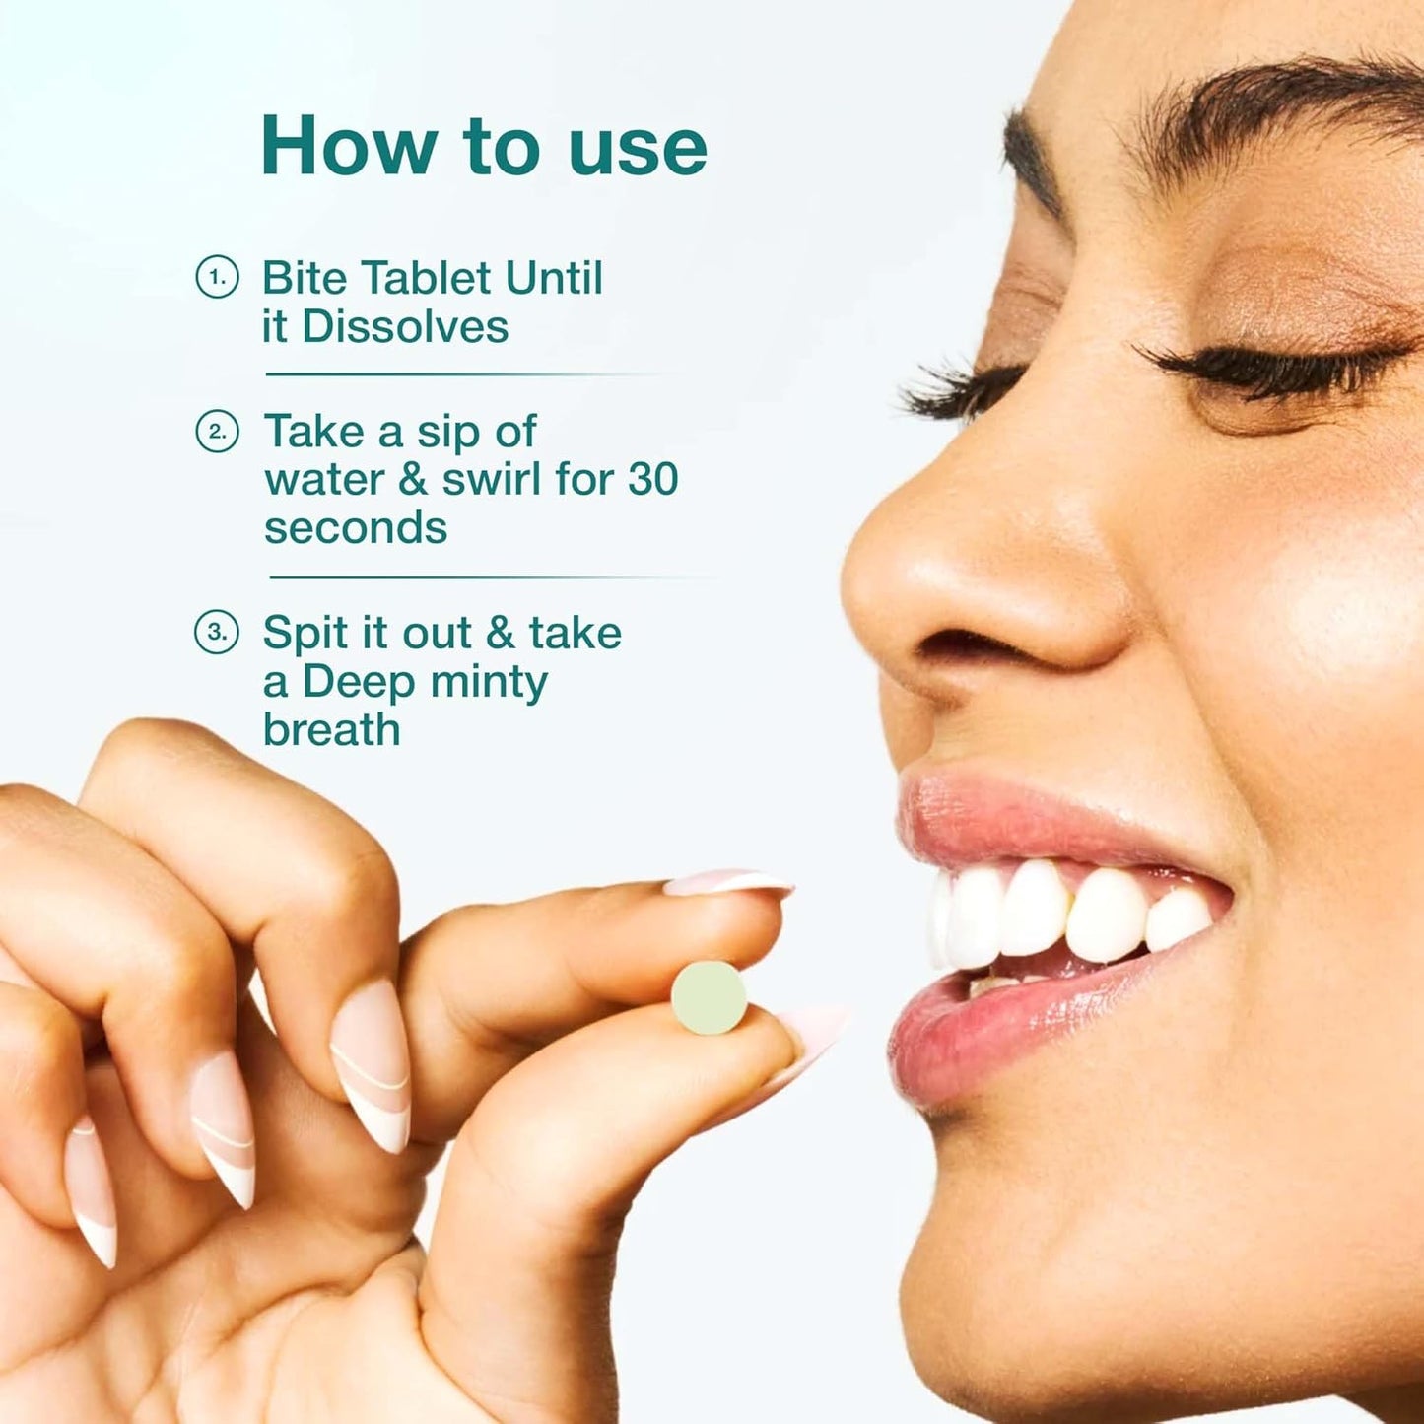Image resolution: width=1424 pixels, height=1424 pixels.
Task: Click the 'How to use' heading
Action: pyautogui.click(x=483, y=146)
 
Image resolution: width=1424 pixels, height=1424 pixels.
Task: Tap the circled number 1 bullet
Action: pyautogui.click(x=217, y=277)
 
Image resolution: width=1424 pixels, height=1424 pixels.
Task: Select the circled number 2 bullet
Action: pyautogui.click(x=217, y=432)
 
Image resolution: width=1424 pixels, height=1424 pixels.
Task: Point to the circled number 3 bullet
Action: pyautogui.click(x=217, y=632)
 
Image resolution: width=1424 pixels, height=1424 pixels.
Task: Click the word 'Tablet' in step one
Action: pyautogui.click(x=429, y=278)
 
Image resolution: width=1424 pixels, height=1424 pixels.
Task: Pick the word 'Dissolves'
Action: pyautogui.click(x=405, y=327)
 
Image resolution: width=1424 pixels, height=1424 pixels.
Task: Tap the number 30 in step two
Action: pyautogui.click(x=652, y=480)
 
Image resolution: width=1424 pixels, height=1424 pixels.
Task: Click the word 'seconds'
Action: pyautogui.click(x=356, y=528)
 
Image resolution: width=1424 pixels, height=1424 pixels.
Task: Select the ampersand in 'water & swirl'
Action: pyautogui.click(x=413, y=480)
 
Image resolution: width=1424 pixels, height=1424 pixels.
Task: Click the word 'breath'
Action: pyautogui.click(x=332, y=730)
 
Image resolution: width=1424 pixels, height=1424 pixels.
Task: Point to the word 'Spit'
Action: pyautogui.click(x=305, y=634)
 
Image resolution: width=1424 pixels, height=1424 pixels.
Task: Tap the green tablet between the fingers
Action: pyautogui.click(x=709, y=997)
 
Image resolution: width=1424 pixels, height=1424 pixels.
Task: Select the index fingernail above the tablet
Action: pyautogui.click(x=729, y=883)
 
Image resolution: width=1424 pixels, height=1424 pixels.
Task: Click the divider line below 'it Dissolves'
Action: pyautogui.click(x=463, y=374)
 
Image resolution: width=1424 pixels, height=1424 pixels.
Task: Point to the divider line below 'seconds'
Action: pyautogui.click(x=483, y=577)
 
